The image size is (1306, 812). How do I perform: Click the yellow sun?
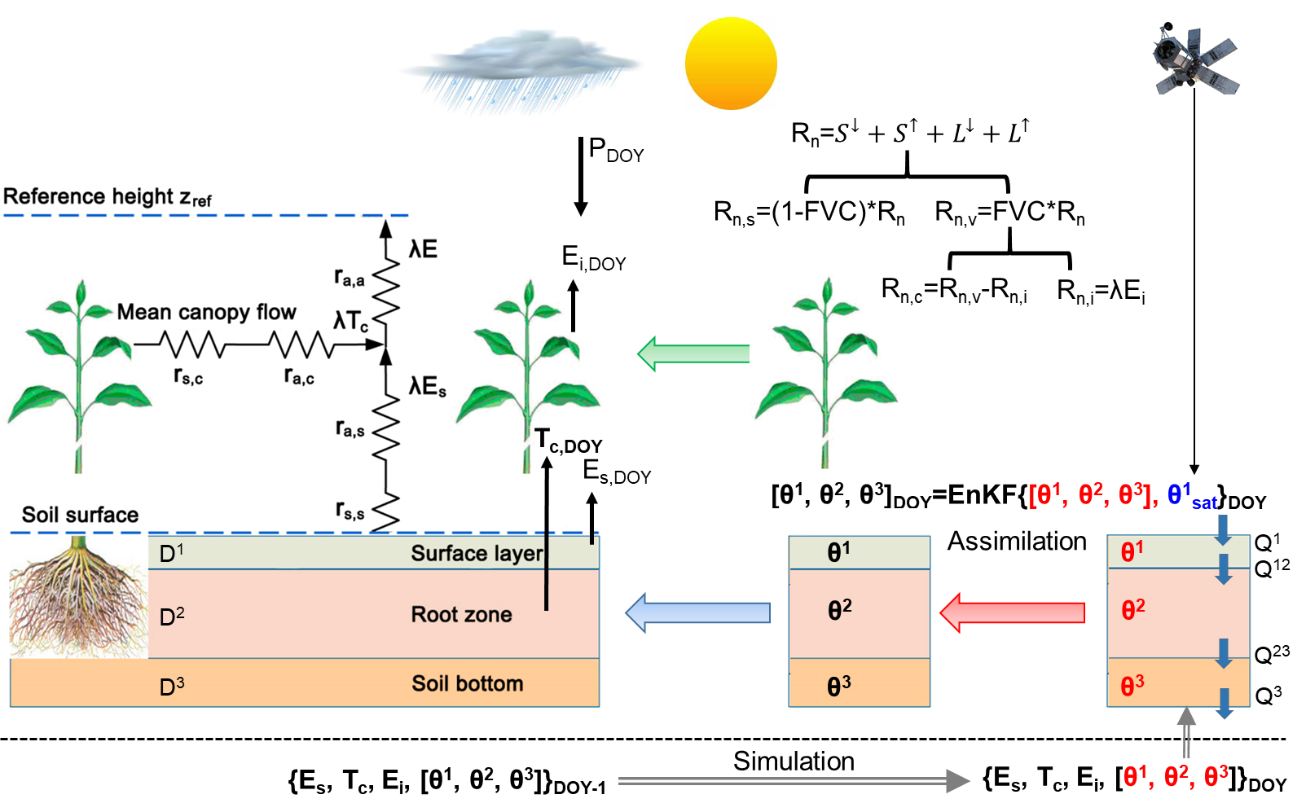pos(731,64)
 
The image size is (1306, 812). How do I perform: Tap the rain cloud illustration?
pos(521,69)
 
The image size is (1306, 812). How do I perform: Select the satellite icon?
pos(1193,58)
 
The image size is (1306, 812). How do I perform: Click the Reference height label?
pos(108,197)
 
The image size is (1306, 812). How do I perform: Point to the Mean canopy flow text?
pos(206,312)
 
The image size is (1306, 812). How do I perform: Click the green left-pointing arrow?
pos(693,353)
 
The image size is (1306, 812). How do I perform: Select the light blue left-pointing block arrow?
pos(697,612)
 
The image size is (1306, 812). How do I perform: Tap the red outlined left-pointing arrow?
pos(1012,612)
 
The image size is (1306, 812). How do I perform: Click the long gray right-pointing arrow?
pos(794,781)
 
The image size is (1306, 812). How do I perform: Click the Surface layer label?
pos(477,554)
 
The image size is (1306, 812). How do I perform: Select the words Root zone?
pos(461,615)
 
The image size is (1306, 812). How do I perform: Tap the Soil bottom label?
pos(467,684)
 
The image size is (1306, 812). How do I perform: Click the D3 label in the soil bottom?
pos(172,687)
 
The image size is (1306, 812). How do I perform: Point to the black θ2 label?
pos(839,610)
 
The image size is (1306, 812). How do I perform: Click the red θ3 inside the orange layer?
pos(1132,686)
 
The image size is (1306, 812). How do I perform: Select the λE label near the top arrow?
pos(423,249)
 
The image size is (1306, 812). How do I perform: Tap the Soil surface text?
pos(80,515)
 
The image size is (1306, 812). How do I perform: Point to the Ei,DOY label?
pos(594,259)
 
